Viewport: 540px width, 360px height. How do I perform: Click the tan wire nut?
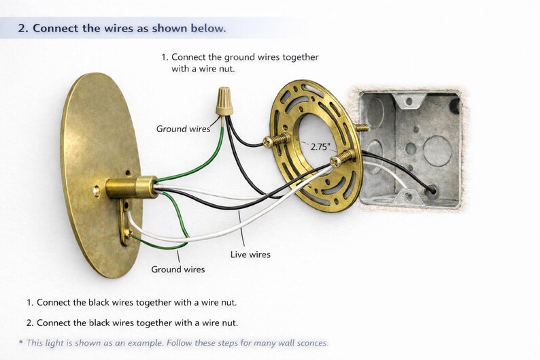pyautogui.click(x=224, y=101)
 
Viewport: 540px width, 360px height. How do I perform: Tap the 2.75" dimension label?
pyautogui.click(x=320, y=147)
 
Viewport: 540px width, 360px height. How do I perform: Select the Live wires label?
pyautogui.click(x=250, y=255)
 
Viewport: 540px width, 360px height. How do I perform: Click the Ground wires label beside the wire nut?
pyautogui.click(x=183, y=129)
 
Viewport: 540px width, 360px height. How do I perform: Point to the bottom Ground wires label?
pyautogui.click(x=178, y=269)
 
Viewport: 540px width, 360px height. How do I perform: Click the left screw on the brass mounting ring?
pyautogui.click(x=276, y=140)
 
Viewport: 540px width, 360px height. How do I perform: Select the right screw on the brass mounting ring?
pyautogui.click(x=342, y=158)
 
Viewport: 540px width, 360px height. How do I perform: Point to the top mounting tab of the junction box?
pyautogui.click(x=409, y=100)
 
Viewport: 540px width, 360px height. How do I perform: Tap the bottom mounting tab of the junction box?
pyautogui.click(x=408, y=197)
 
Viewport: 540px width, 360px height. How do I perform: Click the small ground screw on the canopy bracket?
pyautogui.click(x=128, y=233)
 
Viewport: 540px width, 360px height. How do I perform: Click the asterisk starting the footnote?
pyautogui.click(x=21, y=342)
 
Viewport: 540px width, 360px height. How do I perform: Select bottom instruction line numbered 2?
pyautogui.click(x=132, y=323)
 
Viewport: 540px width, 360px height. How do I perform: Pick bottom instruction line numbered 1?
pyautogui.click(x=131, y=302)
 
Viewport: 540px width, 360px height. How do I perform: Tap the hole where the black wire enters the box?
pyautogui.click(x=431, y=189)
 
